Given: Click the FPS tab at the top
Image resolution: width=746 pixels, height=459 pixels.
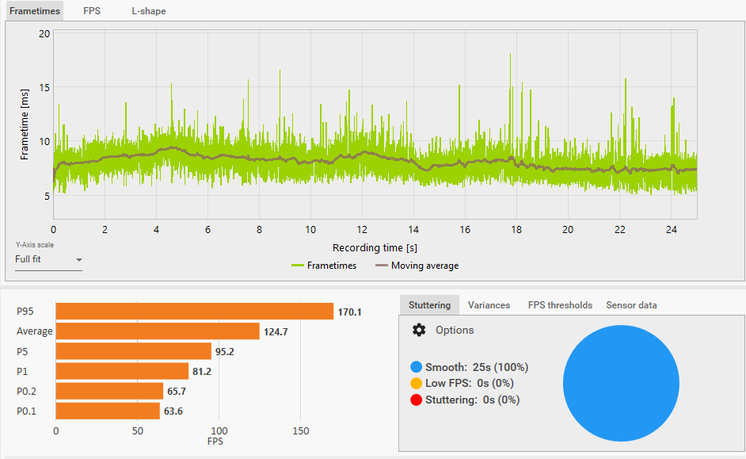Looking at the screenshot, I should click(x=92, y=11).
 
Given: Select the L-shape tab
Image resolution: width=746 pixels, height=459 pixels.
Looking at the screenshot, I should click(x=149, y=11).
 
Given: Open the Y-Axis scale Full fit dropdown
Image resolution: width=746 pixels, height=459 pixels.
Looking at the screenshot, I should click(x=48, y=259).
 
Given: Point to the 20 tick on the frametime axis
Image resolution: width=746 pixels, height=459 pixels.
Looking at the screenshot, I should click(x=44, y=34).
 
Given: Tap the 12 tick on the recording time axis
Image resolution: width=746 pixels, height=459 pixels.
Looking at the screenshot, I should click(x=362, y=229).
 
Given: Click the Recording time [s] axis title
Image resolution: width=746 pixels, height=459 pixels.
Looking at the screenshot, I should click(x=375, y=248).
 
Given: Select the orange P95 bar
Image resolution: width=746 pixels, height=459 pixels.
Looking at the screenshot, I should click(x=194, y=312).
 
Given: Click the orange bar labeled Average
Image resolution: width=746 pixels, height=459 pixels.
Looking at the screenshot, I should click(x=158, y=331).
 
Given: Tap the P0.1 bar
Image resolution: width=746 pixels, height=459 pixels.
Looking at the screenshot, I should click(x=108, y=411).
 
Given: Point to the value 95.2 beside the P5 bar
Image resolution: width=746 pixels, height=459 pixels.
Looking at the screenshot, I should click(x=228, y=351).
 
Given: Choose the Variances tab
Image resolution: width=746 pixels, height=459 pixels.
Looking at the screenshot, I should click(x=489, y=305).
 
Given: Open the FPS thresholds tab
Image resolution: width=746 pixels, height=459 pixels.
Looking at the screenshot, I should click(x=560, y=305).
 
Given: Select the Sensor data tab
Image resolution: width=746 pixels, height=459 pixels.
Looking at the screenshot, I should click(x=631, y=305).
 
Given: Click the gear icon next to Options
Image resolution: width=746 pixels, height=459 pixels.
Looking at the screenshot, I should click(x=418, y=330).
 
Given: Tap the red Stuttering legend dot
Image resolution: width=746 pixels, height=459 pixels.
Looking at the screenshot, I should click(x=417, y=400).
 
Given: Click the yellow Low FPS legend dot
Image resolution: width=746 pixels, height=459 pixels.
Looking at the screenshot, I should click(x=417, y=384).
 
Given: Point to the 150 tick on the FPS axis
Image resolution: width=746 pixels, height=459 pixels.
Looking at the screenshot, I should click(x=300, y=431).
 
